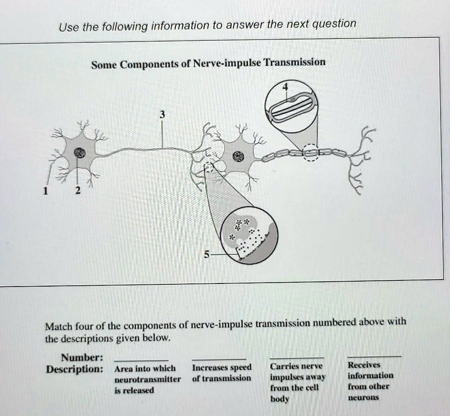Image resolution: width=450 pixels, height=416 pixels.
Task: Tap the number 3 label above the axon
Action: (162, 115)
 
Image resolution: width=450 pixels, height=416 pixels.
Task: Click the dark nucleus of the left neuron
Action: (79, 152)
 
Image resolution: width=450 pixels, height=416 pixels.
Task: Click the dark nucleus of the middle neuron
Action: (238, 156)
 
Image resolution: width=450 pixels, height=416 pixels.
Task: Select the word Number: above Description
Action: (82, 357)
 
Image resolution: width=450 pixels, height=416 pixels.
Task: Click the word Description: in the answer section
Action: (75, 369)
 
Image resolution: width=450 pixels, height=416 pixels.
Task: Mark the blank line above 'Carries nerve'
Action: (297, 357)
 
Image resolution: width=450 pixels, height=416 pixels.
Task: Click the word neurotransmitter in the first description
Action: (147, 379)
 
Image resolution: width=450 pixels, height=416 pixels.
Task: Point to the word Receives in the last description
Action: (364, 365)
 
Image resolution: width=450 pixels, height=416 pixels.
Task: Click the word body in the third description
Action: (279, 399)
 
